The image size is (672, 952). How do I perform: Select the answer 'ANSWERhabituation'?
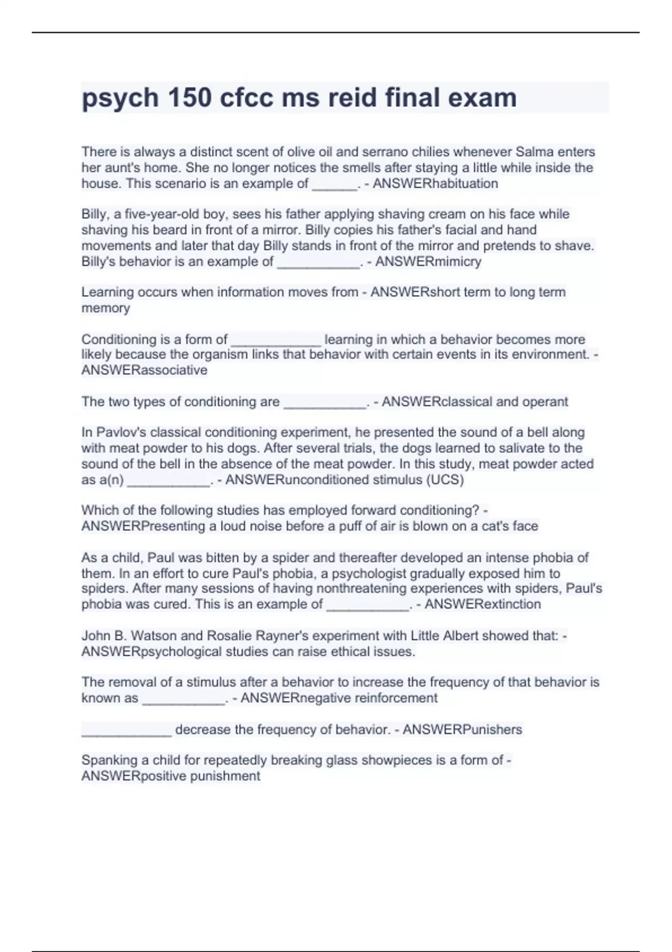(435, 184)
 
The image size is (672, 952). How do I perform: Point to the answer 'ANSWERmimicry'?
(428, 262)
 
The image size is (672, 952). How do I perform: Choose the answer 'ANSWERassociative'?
(144, 370)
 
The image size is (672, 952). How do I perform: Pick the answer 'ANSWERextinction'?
(483, 604)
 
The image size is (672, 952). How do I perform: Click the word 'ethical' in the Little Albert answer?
(347, 652)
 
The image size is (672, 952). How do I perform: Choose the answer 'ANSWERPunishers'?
(462, 730)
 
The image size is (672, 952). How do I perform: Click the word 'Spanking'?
(105, 760)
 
